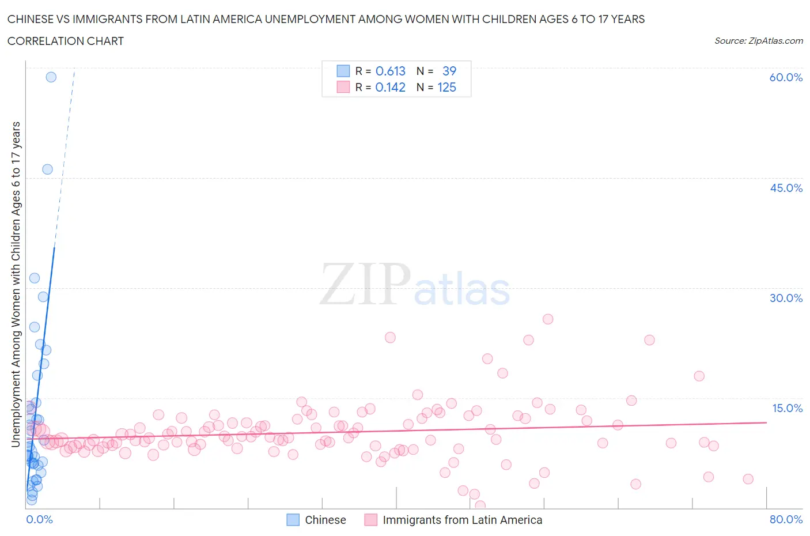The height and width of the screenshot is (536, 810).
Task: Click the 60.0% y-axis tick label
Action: point(786,77)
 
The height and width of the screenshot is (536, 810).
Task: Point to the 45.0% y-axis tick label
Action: point(786,188)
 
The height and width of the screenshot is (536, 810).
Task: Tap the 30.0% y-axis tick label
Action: point(786,298)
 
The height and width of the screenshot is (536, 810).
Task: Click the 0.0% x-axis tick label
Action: point(39,519)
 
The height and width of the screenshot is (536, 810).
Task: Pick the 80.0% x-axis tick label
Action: point(786,519)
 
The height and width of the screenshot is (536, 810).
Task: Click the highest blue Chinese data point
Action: point(51,77)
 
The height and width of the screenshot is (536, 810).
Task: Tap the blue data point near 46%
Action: point(47,169)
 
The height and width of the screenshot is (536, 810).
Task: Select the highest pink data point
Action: point(548,319)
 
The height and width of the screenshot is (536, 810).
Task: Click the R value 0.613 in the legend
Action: point(391,71)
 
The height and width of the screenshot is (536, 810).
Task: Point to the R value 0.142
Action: point(390,87)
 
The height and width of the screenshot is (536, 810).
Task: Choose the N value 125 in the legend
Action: point(446,87)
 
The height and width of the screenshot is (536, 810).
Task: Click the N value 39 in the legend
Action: point(449,71)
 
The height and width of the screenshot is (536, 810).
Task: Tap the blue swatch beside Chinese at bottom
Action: point(293,520)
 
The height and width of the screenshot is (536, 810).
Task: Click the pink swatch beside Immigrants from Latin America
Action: point(371,520)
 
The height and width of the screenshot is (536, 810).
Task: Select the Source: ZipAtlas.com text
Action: point(758,40)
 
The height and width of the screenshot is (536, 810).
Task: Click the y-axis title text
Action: point(16,284)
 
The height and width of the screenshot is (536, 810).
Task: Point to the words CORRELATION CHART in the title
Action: point(66,41)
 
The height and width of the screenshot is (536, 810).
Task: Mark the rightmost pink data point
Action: point(748,479)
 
